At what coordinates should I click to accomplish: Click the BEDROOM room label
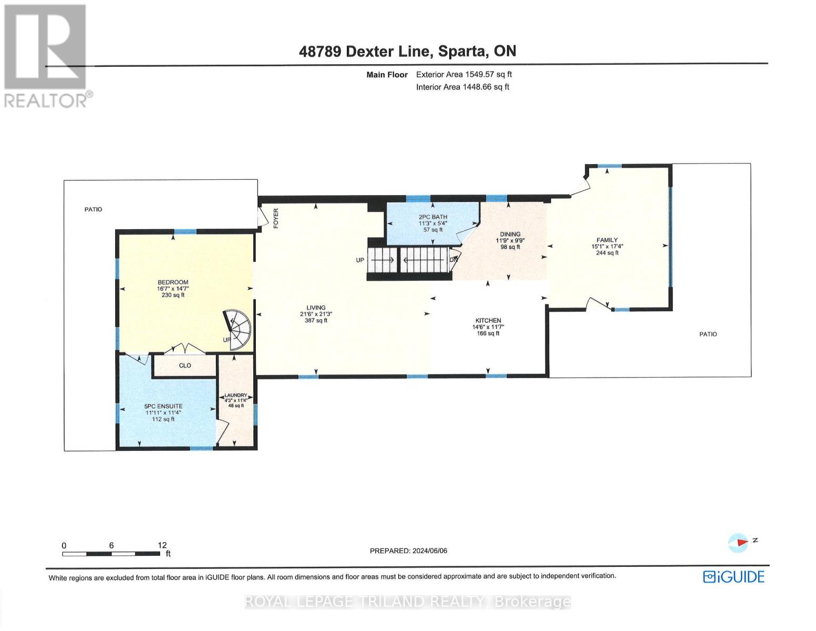[x=173, y=282]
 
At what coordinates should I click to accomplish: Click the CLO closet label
[x=185, y=365]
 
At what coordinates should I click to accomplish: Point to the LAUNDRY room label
[x=235, y=395]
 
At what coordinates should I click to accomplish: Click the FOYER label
[x=275, y=218]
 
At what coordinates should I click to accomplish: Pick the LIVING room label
[x=316, y=308]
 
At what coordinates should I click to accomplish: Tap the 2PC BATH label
[x=433, y=217]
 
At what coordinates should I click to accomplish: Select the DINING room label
[x=510, y=234]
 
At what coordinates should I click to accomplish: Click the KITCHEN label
[x=488, y=320]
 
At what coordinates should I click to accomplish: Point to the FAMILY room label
[x=607, y=240]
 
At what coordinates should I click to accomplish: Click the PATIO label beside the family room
[x=708, y=334]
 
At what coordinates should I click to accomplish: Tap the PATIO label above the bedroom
[x=94, y=209]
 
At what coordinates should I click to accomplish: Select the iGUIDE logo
[x=734, y=577]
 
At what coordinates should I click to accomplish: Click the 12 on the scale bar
[x=162, y=545]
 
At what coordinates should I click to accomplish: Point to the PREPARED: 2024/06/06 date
[x=408, y=551]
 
